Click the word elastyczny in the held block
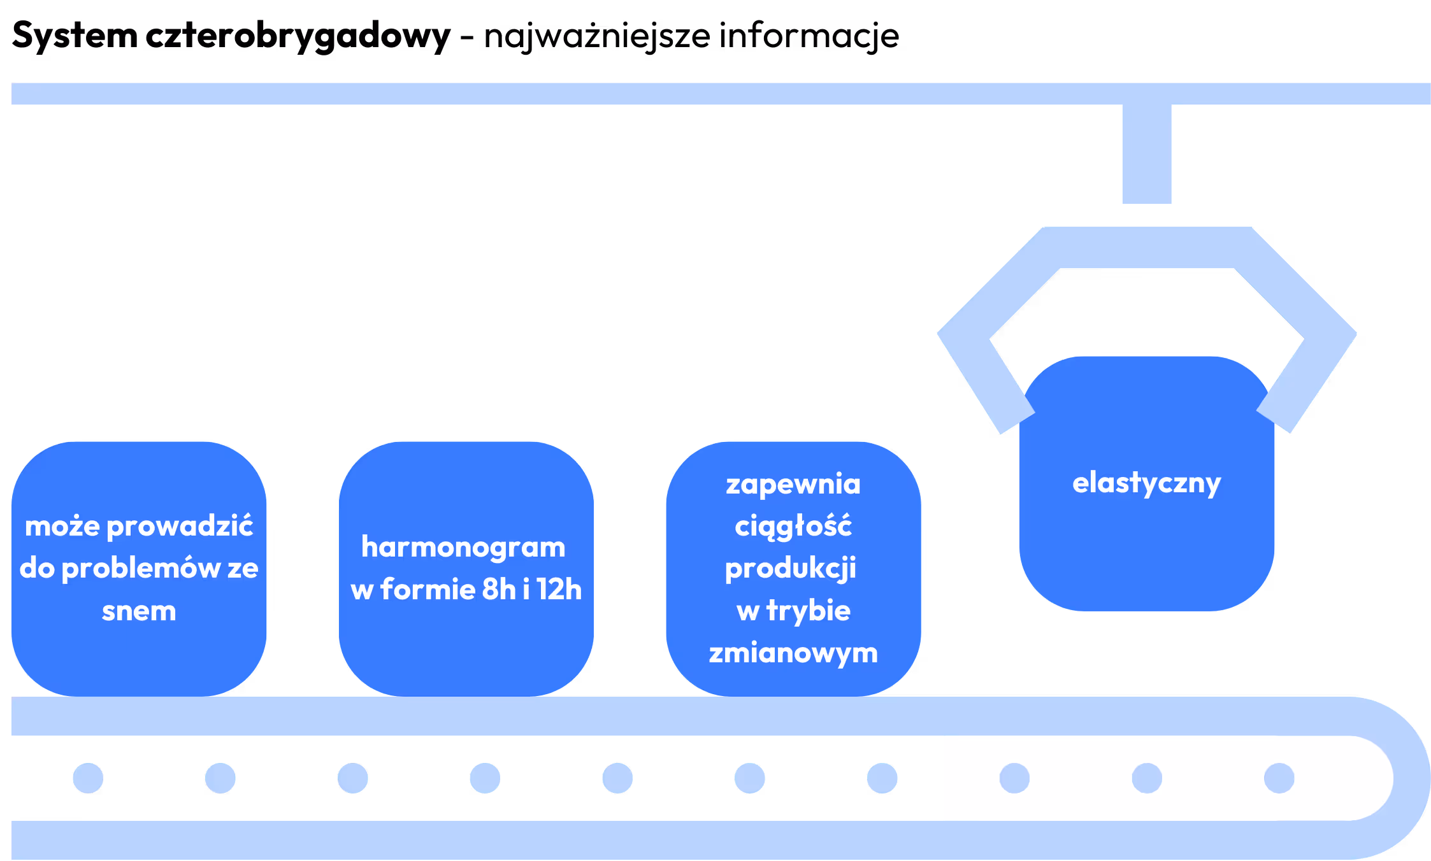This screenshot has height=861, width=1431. coord(1146,483)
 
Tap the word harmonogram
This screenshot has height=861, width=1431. coord(463,547)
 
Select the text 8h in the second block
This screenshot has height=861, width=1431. coord(498,589)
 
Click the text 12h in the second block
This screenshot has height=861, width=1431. coord(559,589)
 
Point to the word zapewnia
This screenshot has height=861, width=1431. coord(793,484)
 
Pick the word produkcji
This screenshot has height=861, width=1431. coord(791,569)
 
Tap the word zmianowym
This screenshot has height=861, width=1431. coord(793,653)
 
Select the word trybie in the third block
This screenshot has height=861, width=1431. coord(808,611)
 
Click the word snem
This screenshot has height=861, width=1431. coord(139,611)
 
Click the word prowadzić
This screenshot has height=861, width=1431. coord(180,527)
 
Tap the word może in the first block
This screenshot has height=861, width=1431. coord(62,527)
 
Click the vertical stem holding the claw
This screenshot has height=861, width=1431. coord(1146,154)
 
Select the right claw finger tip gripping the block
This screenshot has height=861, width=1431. coord(1276,417)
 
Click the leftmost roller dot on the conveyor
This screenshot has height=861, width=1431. coord(88,778)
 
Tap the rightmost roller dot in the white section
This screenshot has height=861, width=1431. coord(1279,778)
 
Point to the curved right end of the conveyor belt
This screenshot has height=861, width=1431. coord(1411,778)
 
